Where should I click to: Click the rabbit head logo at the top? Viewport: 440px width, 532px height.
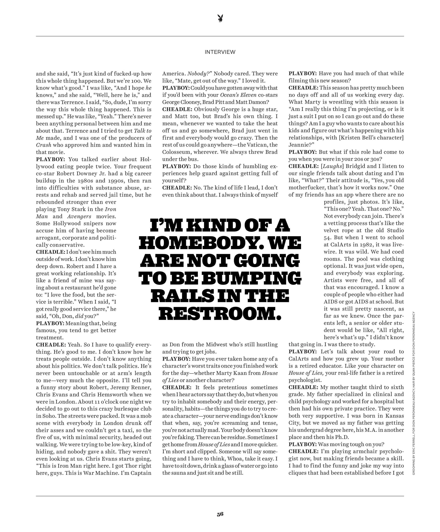220,18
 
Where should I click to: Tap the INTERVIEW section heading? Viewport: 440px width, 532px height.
220,52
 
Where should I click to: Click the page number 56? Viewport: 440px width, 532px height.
220,514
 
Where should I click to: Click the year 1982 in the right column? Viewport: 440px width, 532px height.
367,245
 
